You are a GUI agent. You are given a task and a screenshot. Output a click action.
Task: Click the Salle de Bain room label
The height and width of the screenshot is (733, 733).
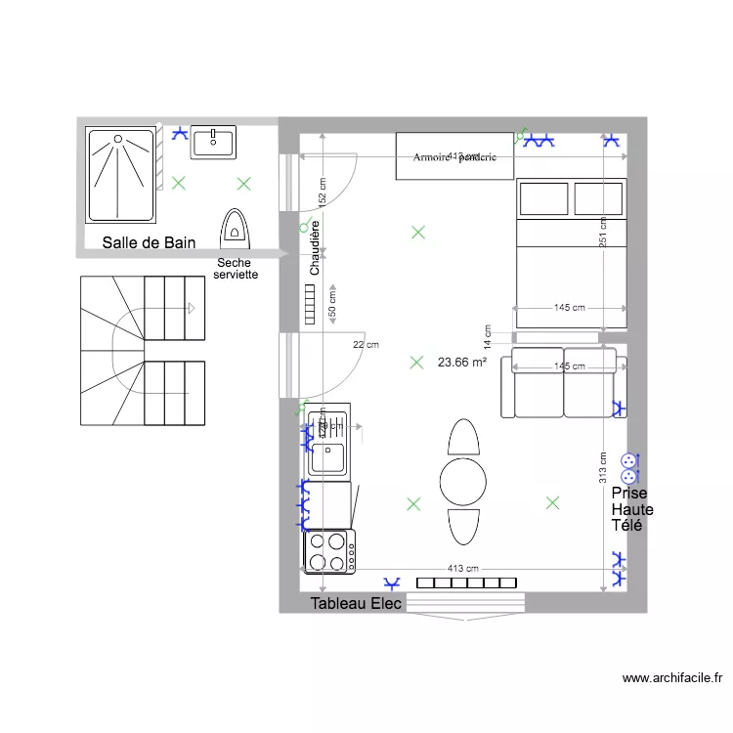click(149, 242)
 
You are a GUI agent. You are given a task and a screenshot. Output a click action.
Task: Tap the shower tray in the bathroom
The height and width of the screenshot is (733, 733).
click(122, 174)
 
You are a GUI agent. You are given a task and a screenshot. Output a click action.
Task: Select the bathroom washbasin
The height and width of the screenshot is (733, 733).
click(213, 142)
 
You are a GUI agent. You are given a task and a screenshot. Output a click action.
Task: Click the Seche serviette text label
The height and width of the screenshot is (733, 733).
click(237, 269)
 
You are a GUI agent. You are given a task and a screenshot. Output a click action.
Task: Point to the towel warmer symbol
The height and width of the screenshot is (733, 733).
click(235, 227)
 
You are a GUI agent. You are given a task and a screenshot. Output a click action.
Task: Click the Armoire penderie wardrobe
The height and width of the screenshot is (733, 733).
click(454, 156)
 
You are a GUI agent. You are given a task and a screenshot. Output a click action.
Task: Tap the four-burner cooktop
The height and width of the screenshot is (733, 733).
click(329, 552)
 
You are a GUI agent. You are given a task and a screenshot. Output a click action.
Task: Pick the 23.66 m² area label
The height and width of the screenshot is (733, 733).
click(462, 362)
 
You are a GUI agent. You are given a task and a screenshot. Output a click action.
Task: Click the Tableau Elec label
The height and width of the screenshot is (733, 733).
click(356, 604)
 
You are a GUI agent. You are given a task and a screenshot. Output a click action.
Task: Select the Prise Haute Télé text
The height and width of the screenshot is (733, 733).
click(632, 509)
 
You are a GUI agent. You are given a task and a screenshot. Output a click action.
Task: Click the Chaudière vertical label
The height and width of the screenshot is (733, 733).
click(316, 246)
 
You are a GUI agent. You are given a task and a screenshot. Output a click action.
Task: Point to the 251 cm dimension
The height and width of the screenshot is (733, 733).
click(605, 231)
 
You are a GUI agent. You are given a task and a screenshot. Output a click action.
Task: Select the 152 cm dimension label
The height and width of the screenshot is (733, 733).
click(323, 193)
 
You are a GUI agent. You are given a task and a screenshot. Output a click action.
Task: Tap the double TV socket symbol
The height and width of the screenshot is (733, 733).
click(628, 467)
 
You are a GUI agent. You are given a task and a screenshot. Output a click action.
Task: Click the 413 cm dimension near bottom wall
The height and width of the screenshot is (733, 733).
click(462, 568)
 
